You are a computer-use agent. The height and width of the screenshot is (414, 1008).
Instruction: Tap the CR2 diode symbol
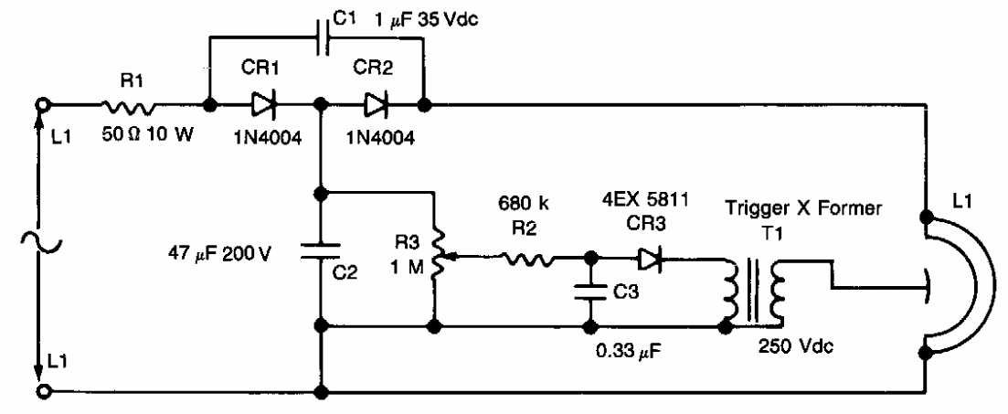pyautogui.click(x=376, y=106)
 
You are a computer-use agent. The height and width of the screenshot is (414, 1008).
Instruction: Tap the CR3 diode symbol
pyautogui.click(x=652, y=259)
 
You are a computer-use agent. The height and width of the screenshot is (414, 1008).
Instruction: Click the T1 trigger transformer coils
pyautogui.click(x=751, y=291)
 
